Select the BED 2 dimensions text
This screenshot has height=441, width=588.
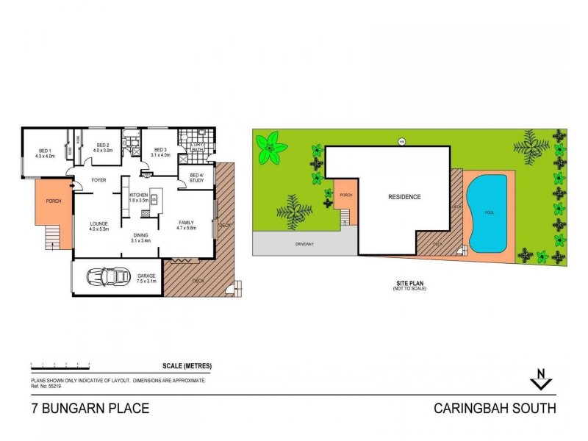(102, 151)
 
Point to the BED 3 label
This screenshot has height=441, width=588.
(160, 149)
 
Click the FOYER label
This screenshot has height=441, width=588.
(98, 180)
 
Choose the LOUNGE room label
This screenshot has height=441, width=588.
(98, 223)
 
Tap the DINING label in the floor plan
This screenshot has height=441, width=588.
(140, 235)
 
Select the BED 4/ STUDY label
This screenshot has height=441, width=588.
(196, 177)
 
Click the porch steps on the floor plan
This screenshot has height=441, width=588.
(51, 237)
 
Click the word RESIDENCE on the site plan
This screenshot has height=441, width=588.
(404, 197)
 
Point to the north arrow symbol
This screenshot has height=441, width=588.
(542, 381)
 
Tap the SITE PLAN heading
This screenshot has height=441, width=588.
(409, 283)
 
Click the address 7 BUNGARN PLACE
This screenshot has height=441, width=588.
(90, 408)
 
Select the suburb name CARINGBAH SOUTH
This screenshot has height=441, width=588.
(495, 408)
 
